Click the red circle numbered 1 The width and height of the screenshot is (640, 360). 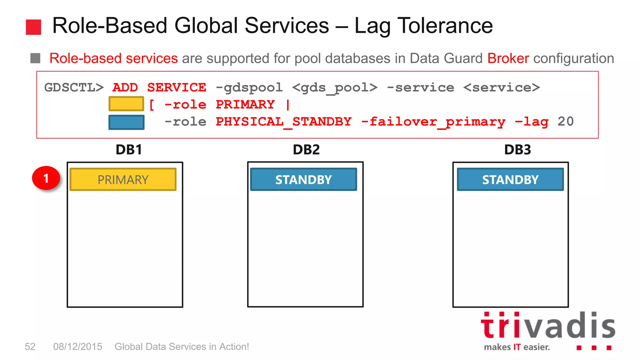46,178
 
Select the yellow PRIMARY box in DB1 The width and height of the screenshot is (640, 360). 123,179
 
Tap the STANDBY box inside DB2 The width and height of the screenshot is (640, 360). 303,179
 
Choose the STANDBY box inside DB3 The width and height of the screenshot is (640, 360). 510,179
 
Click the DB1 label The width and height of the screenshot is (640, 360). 129,150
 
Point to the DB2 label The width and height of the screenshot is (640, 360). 306,150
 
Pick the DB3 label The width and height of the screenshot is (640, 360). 517,150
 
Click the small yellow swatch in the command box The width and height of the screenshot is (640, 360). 126,104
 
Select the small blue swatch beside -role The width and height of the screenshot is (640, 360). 126,122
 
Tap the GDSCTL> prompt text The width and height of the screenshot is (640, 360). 74,87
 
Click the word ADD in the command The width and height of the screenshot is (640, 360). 125,87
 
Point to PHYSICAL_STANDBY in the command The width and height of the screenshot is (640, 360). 283,122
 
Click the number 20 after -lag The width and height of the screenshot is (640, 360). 566,122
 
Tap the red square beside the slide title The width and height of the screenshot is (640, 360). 33,27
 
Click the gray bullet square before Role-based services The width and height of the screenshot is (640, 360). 35,58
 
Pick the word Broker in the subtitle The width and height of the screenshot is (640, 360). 508,58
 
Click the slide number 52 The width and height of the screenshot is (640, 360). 30,347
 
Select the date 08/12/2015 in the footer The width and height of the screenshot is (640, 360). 77,347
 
